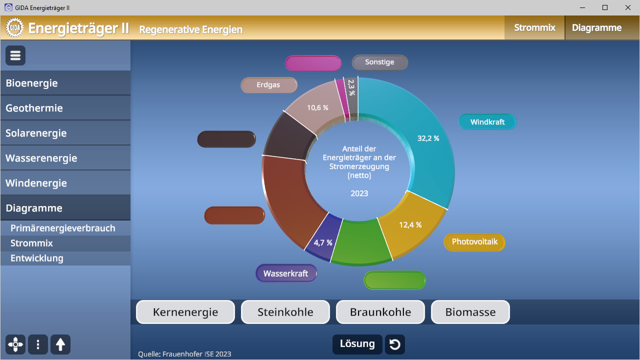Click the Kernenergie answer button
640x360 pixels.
(x=185, y=312)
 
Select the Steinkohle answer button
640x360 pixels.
(x=285, y=312)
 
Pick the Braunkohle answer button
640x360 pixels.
(x=380, y=312)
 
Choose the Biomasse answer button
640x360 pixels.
(x=470, y=312)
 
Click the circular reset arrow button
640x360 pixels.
(x=395, y=344)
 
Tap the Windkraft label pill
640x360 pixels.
(x=487, y=122)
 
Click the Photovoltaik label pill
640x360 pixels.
(x=474, y=242)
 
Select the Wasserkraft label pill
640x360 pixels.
(x=286, y=273)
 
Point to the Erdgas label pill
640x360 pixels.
(x=269, y=85)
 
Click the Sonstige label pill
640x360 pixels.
(x=380, y=62)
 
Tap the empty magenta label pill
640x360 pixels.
(x=313, y=63)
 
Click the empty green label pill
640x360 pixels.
(x=395, y=280)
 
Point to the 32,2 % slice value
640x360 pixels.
(x=428, y=138)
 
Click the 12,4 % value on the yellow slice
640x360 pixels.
(x=410, y=225)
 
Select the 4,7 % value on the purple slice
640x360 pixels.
(x=323, y=243)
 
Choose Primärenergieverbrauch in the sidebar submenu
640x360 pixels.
(x=63, y=228)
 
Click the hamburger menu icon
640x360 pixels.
(x=15, y=55)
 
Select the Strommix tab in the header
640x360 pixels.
(x=534, y=28)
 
